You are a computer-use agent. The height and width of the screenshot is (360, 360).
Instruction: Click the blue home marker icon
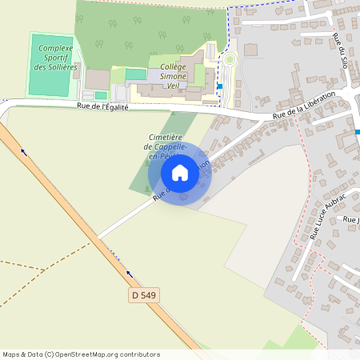pyautogui.click(x=180, y=172)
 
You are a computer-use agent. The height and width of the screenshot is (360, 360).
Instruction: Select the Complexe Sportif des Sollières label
pyautogui.click(x=56, y=58)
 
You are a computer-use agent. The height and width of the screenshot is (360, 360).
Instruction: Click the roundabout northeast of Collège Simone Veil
pyautogui.click(x=230, y=59)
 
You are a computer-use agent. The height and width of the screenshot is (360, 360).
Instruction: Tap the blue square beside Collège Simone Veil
pyautogui.click(x=219, y=86)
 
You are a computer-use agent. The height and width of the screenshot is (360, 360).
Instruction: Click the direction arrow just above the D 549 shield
pyautogui.click(x=128, y=273)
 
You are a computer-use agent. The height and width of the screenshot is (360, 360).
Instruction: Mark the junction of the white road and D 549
pyautogui.click(x=98, y=238)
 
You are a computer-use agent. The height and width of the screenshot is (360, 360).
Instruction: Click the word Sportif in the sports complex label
pyautogui.click(x=56, y=58)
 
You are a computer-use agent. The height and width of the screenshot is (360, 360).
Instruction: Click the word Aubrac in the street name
pyautogui.click(x=335, y=205)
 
